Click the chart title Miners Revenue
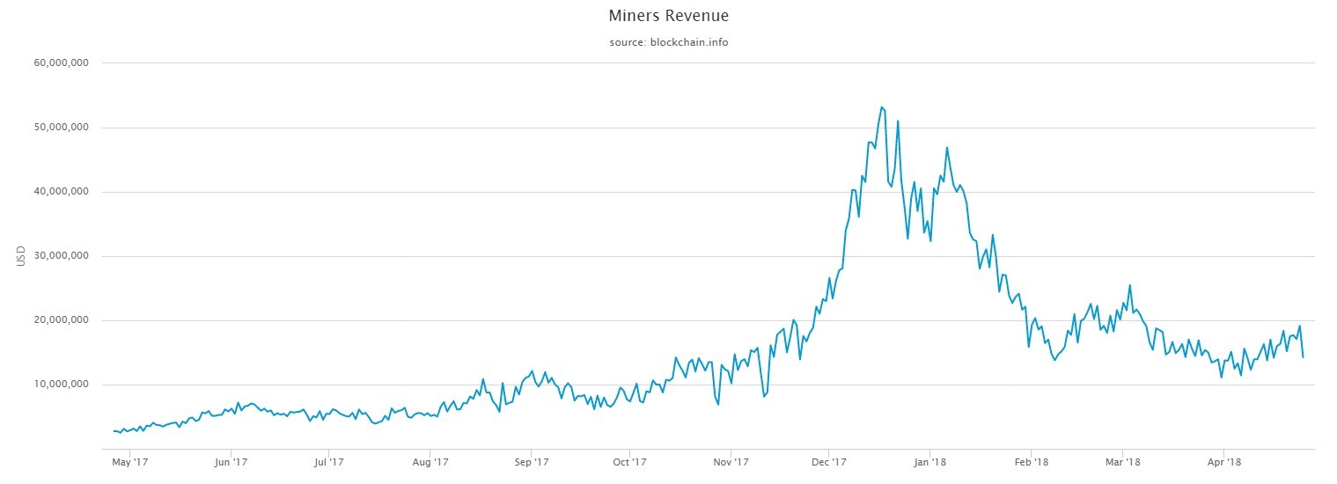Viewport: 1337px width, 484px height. [x=668, y=16]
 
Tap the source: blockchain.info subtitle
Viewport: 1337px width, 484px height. [x=668, y=42]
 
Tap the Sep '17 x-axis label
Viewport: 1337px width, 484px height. [x=531, y=461]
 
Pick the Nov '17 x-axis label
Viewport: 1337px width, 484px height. [x=731, y=461]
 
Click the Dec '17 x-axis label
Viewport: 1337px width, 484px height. [x=829, y=461]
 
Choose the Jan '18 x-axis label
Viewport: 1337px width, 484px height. [x=930, y=461]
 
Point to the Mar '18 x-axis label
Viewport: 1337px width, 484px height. [x=1122, y=461]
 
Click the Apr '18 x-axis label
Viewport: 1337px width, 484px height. [x=1223, y=461]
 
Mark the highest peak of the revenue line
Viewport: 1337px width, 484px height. [x=881, y=107]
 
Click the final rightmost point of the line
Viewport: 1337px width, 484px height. [x=1303, y=356]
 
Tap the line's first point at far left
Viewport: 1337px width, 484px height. [x=114, y=431]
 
